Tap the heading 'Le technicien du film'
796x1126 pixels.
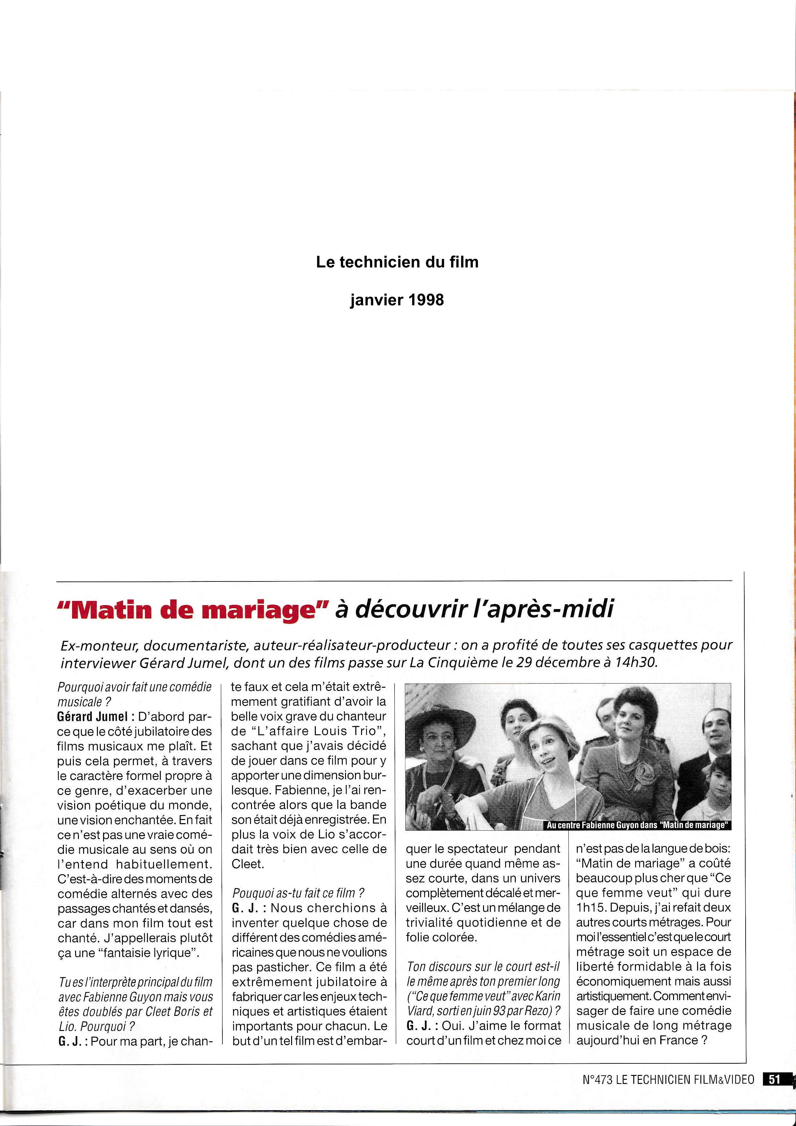(x=397, y=262)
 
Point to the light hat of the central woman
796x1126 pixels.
(x=544, y=725)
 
